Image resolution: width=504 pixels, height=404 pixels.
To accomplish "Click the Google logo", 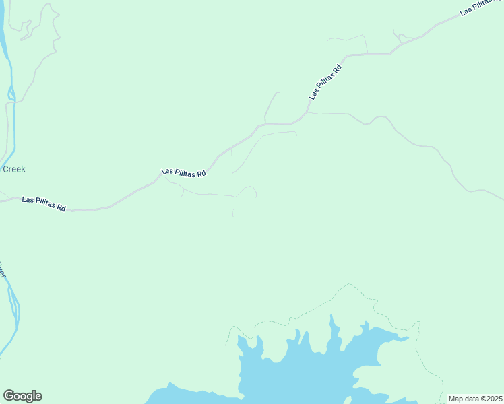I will click(22, 396).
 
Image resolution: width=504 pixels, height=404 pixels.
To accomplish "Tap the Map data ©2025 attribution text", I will click(476, 399).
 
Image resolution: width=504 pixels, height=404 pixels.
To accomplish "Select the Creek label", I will click(14, 169).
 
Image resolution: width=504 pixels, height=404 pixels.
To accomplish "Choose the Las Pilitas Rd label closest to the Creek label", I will click(44, 203).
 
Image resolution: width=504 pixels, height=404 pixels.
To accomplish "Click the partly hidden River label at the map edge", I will click(3, 271).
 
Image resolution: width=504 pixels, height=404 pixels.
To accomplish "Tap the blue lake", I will click(303, 377).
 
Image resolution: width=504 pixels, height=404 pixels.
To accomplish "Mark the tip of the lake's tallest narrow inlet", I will click(331, 316).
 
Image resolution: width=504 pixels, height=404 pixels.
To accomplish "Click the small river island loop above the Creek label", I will click(11, 94).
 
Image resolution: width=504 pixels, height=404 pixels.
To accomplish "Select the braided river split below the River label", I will click(13, 306).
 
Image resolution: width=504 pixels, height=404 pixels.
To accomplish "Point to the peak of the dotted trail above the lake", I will click(350, 284).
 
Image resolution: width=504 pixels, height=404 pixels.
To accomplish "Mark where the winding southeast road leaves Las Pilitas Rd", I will click(308, 112).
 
